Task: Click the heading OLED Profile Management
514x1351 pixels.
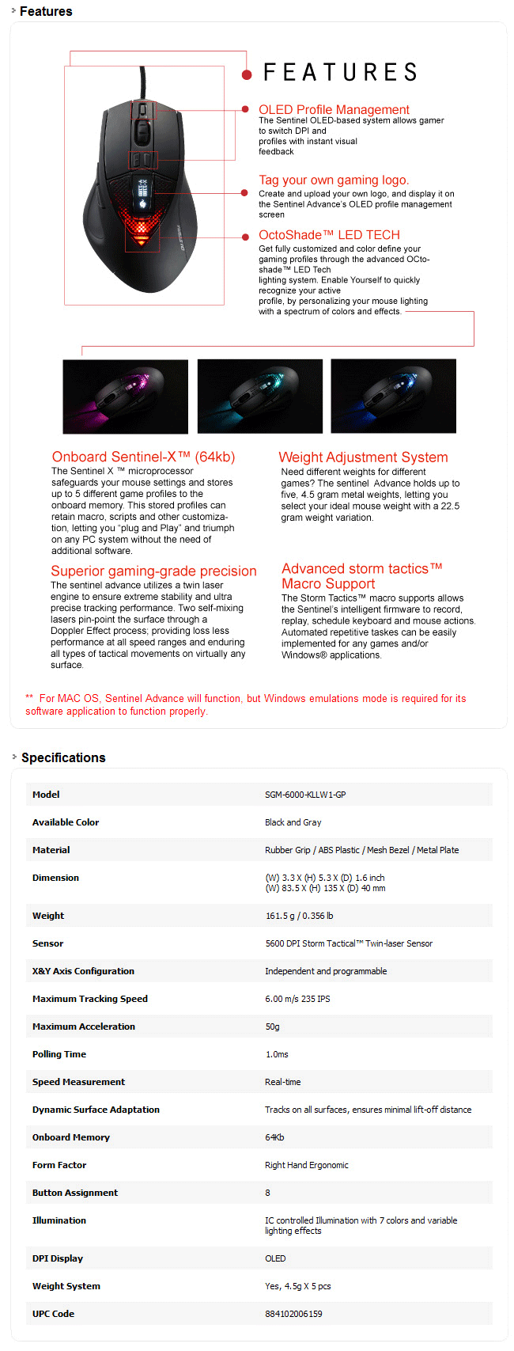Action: pyautogui.click(x=334, y=109)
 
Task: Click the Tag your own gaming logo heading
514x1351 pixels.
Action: pyautogui.click(x=334, y=180)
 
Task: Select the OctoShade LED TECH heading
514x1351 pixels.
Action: pyautogui.click(x=329, y=234)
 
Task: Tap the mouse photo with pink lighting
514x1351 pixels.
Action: pyautogui.click(x=125, y=396)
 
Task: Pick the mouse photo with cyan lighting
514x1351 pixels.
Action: pyautogui.click(x=259, y=396)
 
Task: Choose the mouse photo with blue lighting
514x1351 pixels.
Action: pyautogui.click(x=393, y=396)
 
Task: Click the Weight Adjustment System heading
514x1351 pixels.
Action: pyautogui.click(x=363, y=457)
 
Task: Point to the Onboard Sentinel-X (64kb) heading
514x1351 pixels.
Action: pyautogui.click(x=143, y=457)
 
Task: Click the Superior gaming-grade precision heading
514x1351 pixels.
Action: pyautogui.click(x=153, y=571)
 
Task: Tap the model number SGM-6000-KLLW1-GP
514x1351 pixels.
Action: pyautogui.click(x=305, y=795)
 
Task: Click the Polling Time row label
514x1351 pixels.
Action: pyautogui.click(x=59, y=1054)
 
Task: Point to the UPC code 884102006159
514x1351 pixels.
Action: pyautogui.click(x=293, y=1314)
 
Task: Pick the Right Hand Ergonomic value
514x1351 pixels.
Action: pyautogui.click(x=306, y=1165)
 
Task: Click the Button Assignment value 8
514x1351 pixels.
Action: pyautogui.click(x=267, y=1193)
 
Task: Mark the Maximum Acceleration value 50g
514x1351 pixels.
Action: pyautogui.click(x=272, y=1027)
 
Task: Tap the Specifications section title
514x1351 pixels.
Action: pyautogui.click(x=63, y=757)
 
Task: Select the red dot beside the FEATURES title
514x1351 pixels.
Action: pyautogui.click(x=247, y=74)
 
